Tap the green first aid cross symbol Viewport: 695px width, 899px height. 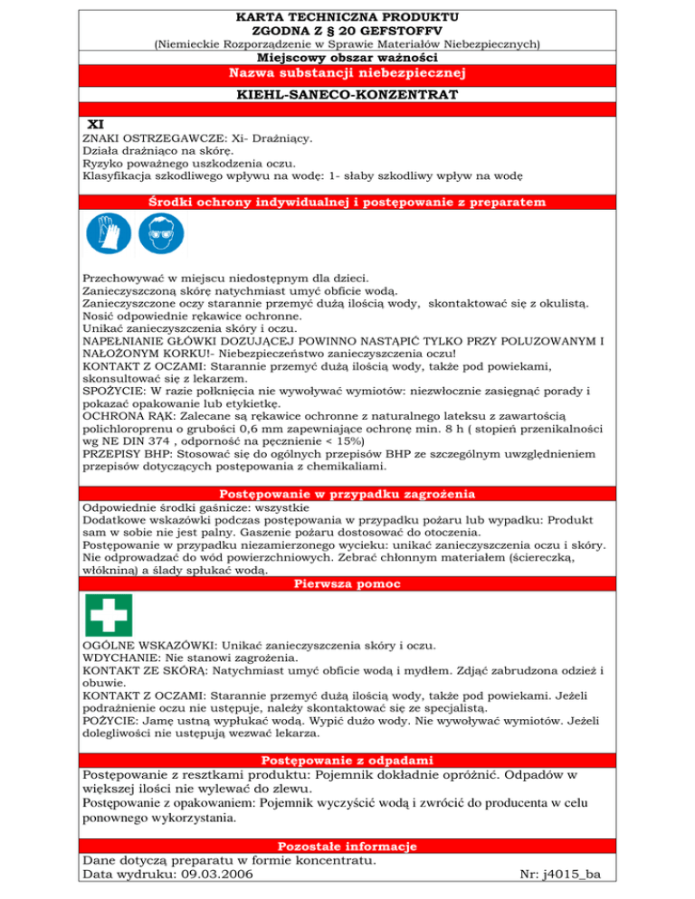[x=108, y=615]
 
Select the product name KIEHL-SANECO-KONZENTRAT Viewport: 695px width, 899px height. [x=347, y=93]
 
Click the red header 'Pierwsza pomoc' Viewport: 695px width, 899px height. [x=347, y=583]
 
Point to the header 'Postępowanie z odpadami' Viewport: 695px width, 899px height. [x=347, y=760]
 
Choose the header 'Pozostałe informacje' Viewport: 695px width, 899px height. [x=347, y=847]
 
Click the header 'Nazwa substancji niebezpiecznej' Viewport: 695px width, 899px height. [x=347, y=72]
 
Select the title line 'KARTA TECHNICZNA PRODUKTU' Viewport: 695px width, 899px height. [x=347, y=16]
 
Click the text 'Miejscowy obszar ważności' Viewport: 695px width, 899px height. [x=347, y=56]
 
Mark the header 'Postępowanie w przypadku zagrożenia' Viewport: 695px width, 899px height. [x=347, y=494]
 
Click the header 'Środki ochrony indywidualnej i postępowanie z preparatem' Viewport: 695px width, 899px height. [x=347, y=199]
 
